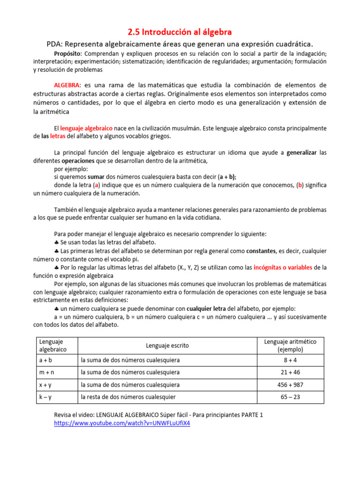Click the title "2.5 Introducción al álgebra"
(x=180, y=32)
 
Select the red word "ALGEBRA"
(x=67, y=85)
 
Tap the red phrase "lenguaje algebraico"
(x=86, y=128)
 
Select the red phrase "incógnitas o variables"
(x=283, y=267)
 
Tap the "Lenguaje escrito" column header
(x=167, y=345)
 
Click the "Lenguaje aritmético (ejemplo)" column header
(x=290, y=345)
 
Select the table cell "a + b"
(x=45, y=360)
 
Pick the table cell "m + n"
(x=46, y=372)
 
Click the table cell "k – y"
(x=45, y=397)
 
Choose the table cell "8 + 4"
(x=290, y=360)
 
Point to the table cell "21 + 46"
(x=290, y=372)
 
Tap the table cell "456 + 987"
(x=290, y=385)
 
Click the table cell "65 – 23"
(x=290, y=397)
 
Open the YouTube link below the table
(x=122, y=423)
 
